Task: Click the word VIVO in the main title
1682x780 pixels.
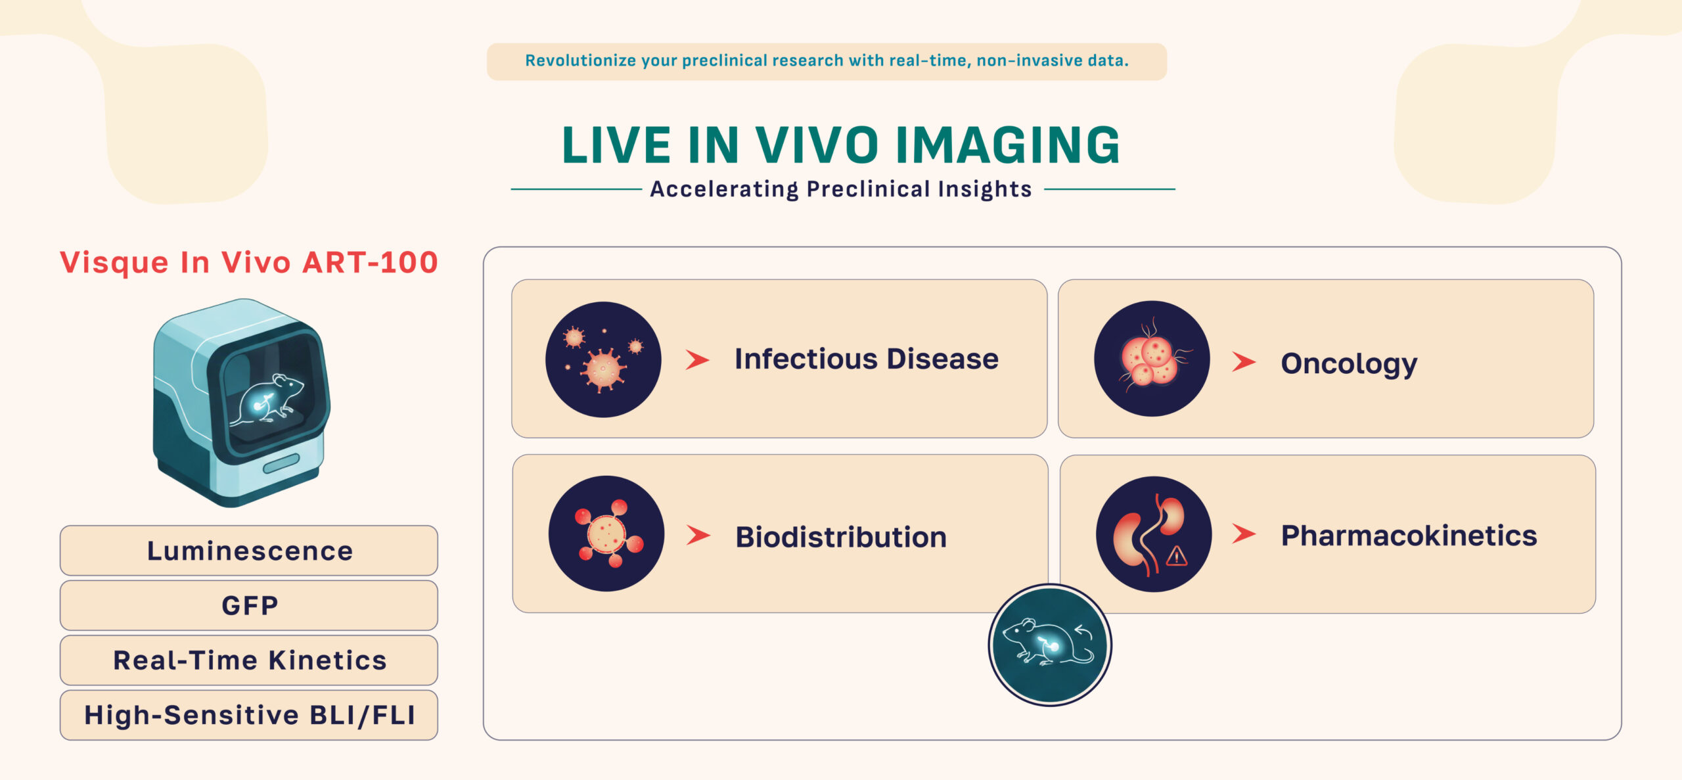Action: click(x=817, y=145)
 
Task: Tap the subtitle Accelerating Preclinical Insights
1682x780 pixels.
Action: click(x=841, y=189)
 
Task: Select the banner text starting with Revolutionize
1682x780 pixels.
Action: click(x=827, y=60)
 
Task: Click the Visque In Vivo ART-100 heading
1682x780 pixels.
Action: click(x=249, y=263)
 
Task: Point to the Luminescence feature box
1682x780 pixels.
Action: click(x=249, y=551)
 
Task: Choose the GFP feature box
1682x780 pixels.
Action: click(x=249, y=605)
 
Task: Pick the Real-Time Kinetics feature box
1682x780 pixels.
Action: click(x=249, y=660)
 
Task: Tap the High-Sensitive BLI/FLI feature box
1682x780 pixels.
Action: click(x=249, y=715)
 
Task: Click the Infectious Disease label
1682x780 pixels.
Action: click(x=867, y=359)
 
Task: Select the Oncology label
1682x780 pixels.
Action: click(x=1349, y=364)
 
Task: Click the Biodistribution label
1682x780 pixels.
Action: click(x=841, y=537)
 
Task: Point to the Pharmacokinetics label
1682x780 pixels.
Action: click(x=1409, y=536)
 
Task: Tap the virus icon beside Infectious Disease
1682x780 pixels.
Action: click(x=603, y=359)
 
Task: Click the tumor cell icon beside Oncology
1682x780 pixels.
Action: click(x=1152, y=359)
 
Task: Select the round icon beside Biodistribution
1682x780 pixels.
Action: click(x=606, y=534)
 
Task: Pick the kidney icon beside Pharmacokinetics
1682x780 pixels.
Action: click(x=1154, y=534)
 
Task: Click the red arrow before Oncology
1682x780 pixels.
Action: click(x=1244, y=361)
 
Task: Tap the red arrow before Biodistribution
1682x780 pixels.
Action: click(x=698, y=535)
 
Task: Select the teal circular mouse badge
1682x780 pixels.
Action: click(x=1050, y=645)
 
